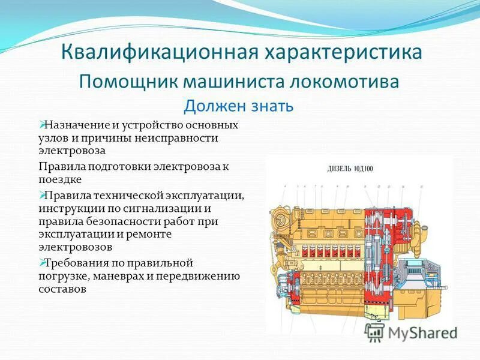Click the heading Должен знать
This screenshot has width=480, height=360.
(238, 106)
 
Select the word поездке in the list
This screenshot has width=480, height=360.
(59, 179)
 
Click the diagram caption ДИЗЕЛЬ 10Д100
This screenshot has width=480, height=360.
(350, 169)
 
